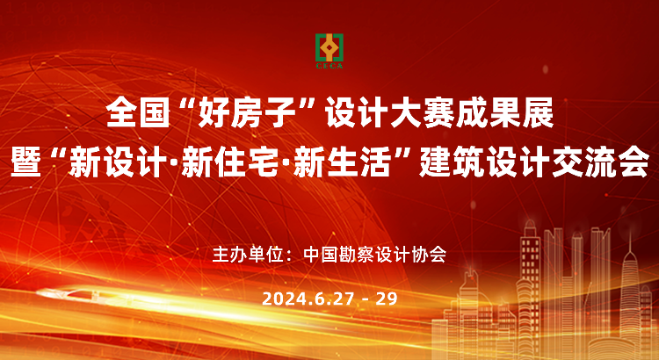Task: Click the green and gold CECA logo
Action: pyautogui.click(x=329, y=51)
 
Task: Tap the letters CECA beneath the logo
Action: pyautogui.click(x=329, y=66)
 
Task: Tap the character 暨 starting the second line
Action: pyautogui.click(x=25, y=163)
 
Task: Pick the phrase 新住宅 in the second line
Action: pyautogui.click(x=230, y=163)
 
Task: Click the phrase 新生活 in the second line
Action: pyautogui.click(x=342, y=163)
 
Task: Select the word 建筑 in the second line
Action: pyautogui.click(x=451, y=163)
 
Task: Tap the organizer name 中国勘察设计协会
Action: pyautogui.click(x=374, y=255)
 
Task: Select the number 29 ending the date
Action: pyautogui.click(x=387, y=299)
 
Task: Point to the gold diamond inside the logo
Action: pyautogui.click(x=329, y=48)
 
